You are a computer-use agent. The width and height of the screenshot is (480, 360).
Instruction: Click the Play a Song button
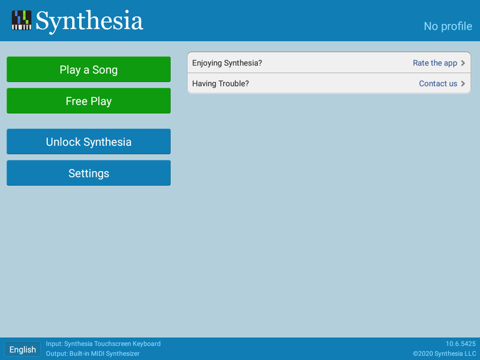(x=88, y=69)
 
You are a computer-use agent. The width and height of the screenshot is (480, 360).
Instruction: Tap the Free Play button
(x=88, y=101)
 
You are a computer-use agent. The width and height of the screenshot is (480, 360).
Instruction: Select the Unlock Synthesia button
(x=88, y=142)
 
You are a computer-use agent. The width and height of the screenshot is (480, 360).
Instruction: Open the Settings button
(x=88, y=173)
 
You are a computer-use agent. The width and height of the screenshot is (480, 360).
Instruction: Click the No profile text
(x=448, y=26)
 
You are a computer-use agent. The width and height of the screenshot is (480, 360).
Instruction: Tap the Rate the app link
(x=434, y=63)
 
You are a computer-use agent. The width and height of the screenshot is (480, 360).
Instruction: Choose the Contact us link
(x=438, y=83)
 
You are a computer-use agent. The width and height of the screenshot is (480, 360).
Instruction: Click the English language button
(x=22, y=349)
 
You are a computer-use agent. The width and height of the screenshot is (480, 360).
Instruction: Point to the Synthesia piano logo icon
(x=22, y=20)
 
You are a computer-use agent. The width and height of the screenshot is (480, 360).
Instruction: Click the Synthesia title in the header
(x=89, y=21)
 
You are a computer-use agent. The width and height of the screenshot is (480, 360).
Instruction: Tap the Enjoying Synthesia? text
(x=227, y=63)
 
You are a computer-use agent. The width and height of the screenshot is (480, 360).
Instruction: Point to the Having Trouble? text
(x=220, y=83)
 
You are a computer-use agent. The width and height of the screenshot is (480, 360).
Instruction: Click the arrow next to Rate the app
(x=463, y=63)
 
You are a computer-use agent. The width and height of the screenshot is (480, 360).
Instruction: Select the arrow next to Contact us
(x=463, y=83)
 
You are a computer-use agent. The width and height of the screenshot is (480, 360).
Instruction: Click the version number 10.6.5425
(x=461, y=344)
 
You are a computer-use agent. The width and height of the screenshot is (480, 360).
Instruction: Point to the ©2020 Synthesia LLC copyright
(x=444, y=353)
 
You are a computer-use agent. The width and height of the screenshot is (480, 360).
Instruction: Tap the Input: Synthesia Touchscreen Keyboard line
(x=103, y=344)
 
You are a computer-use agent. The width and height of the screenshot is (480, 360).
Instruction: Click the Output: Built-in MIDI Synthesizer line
(x=93, y=353)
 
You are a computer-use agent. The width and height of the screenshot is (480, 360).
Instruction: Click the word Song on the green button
(x=105, y=70)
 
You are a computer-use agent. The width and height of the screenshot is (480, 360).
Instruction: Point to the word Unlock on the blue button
(x=63, y=142)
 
